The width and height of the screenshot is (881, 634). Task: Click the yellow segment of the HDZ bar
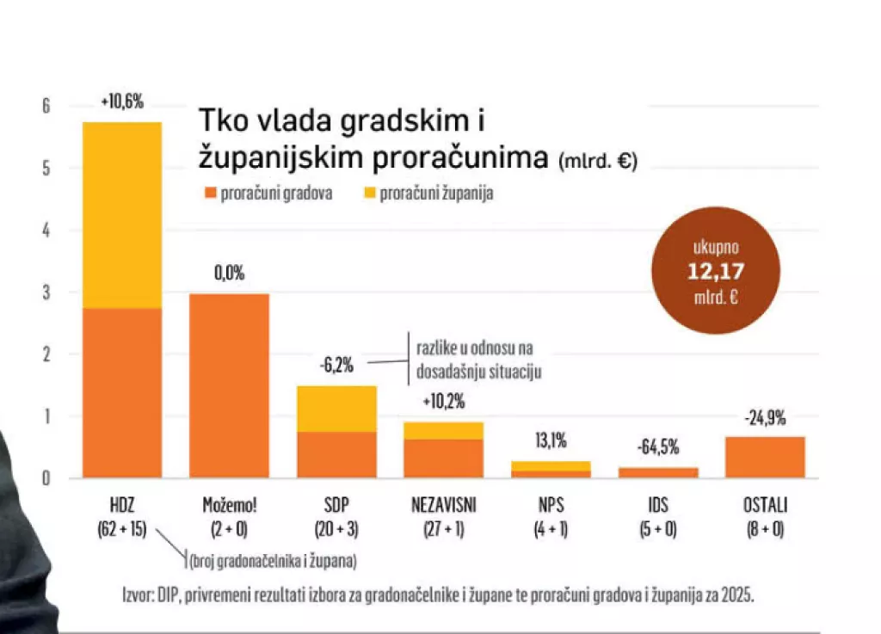121,215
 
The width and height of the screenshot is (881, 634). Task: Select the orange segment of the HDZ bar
121,392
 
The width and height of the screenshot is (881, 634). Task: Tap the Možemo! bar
229,385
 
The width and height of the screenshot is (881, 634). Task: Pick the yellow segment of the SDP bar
336,409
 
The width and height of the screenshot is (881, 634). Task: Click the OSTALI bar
765,457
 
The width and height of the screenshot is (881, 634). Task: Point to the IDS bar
658,472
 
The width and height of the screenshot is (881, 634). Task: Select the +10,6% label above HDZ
121,102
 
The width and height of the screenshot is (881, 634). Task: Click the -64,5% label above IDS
658,446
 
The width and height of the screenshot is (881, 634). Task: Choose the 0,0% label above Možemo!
229,274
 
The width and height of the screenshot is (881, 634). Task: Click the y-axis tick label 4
47,231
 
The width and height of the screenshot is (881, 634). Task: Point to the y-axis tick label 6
47,107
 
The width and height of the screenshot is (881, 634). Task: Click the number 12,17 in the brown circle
716,273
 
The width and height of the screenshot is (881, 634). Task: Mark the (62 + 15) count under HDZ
121,530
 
